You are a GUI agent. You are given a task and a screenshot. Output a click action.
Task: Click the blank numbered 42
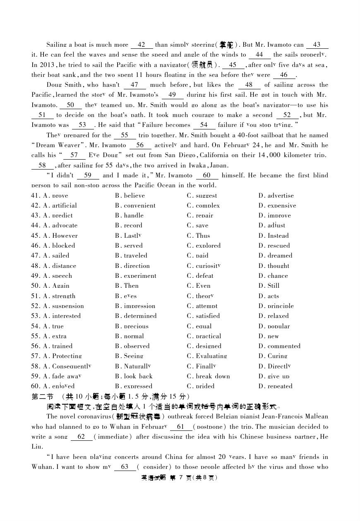[x=142, y=45]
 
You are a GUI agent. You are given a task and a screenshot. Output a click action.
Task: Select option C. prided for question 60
[x=200, y=386]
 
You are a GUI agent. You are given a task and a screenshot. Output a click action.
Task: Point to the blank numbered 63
[x=125, y=467]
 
